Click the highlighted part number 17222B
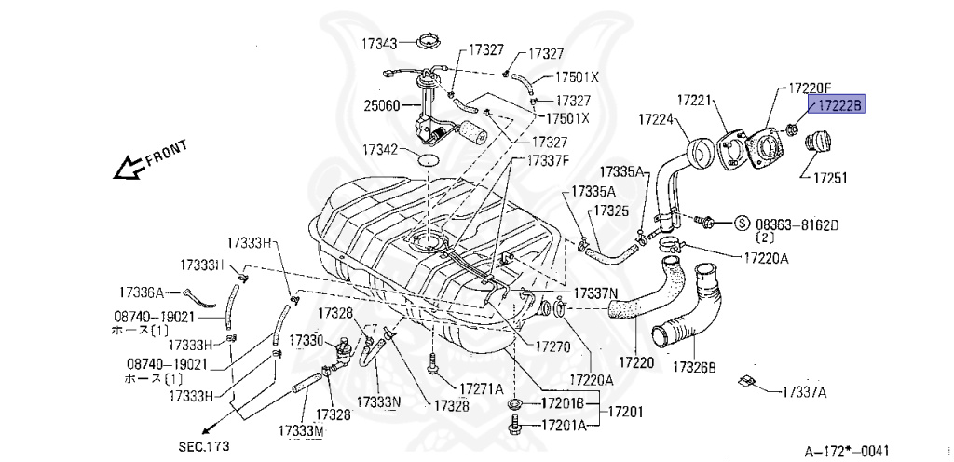click(x=838, y=105)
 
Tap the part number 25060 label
click(x=382, y=105)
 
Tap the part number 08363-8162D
click(x=797, y=224)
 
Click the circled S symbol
click(x=743, y=223)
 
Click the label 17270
click(x=551, y=345)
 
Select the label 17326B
click(x=694, y=367)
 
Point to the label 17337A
click(x=803, y=391)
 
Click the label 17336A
click(x=142, y=291)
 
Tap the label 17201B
click(x=563, y=403)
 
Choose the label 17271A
click(x=480, y=388)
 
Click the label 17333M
click(x=300, y=431)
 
